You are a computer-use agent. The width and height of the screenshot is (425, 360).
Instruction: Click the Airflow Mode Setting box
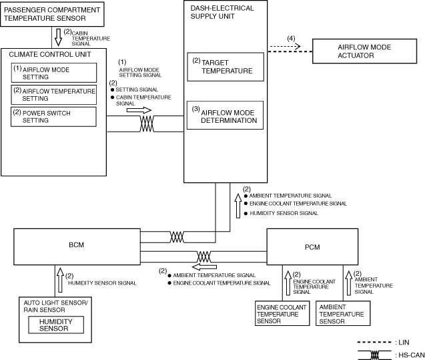click(53, 72)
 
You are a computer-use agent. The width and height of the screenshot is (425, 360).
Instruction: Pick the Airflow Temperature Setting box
click(53, 94)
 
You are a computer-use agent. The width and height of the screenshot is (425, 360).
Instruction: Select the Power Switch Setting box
click(53, 117)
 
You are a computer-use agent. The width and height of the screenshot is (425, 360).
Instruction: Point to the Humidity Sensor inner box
click(55, 324)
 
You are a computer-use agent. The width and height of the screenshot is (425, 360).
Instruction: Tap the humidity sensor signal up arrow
click(59, 276)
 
